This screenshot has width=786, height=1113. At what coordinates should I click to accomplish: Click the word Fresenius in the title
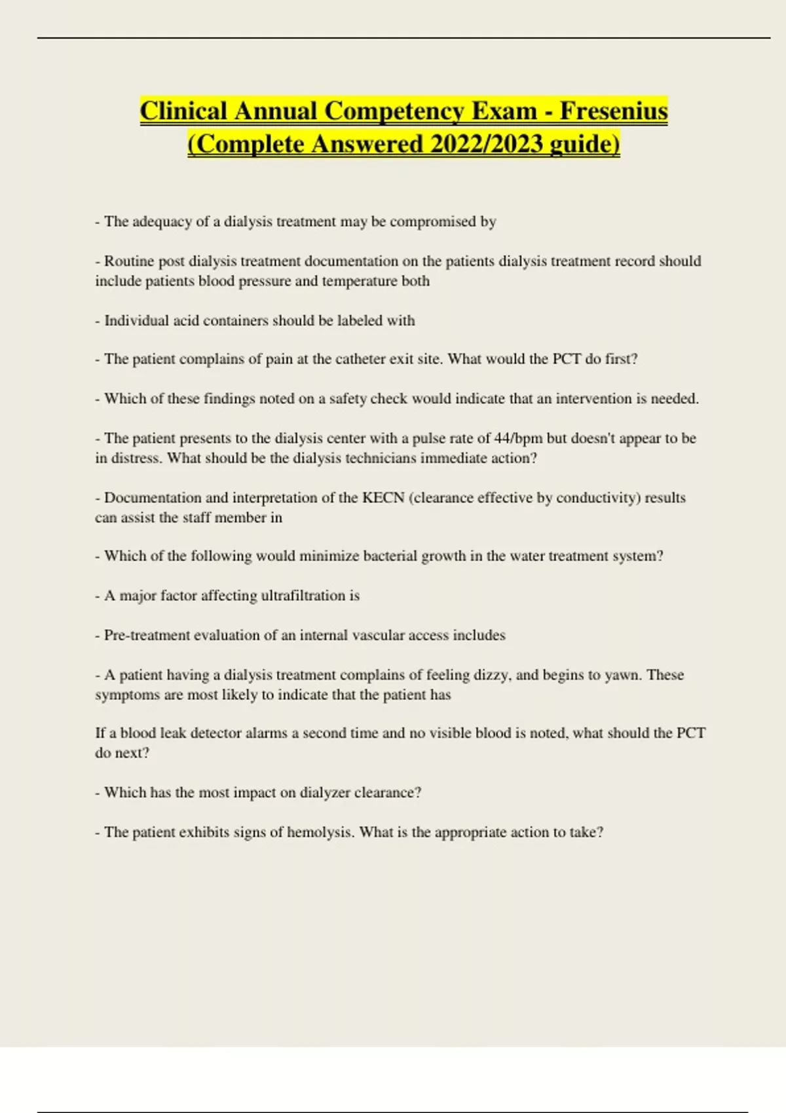(613, 111)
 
